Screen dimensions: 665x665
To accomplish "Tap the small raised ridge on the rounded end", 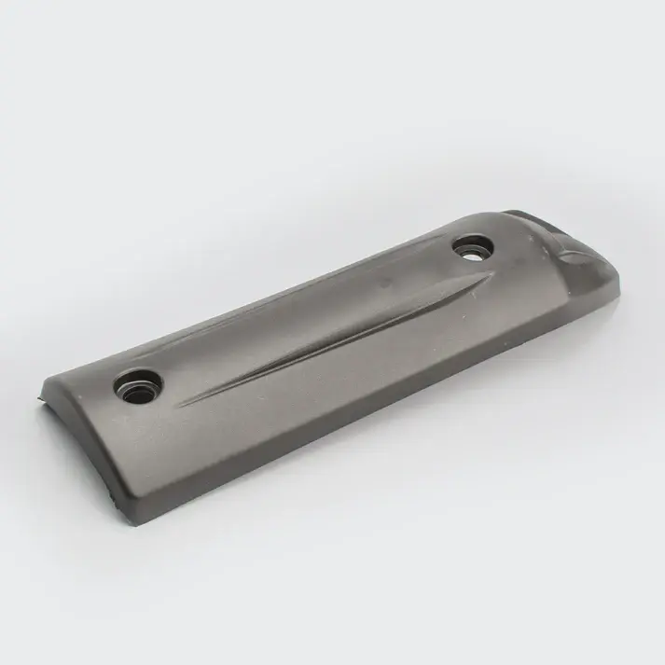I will (570, 250).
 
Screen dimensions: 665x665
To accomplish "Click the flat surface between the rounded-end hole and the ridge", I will (522, 252).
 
